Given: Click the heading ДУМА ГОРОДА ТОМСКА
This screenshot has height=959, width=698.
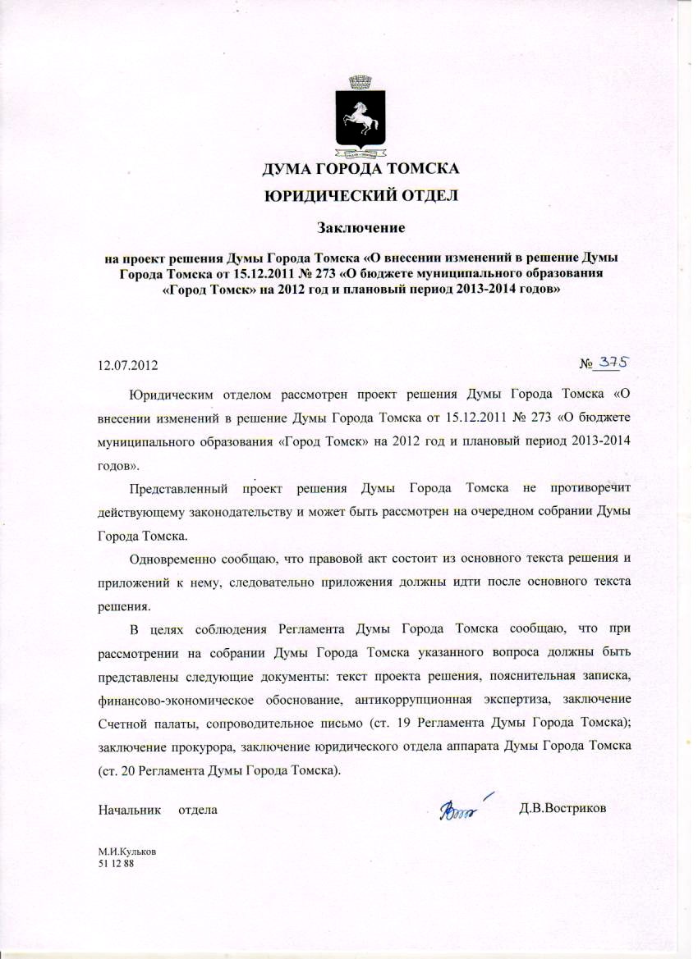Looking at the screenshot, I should (x=360, y=170).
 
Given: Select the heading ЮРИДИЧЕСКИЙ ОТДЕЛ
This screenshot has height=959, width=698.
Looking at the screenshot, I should (x=360, y=195).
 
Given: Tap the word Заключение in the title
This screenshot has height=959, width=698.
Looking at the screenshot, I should (x=362, y=225).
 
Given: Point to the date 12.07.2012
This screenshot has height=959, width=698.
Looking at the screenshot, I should (x=127, y=363).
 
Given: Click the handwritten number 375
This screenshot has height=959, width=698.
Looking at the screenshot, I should (x=619, y=362).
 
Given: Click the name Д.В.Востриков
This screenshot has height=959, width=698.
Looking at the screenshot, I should (x=563, y=809).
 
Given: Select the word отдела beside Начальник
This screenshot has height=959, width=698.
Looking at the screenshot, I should (x=198, y=810).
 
